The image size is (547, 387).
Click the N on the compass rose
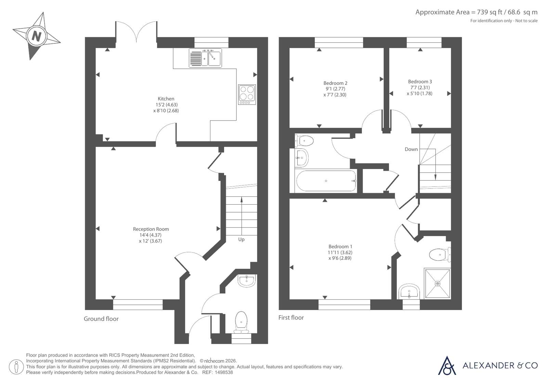(37, 36)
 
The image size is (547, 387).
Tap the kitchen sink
(205, 58)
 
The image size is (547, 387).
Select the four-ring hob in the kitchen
(247, 94)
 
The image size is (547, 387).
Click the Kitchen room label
(166, 99)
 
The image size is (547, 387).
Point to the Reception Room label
(151, 229)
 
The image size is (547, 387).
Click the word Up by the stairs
(241, 240)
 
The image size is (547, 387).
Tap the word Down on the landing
(411, 149)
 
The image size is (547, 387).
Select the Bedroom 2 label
(335, 83)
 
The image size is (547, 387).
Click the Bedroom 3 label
(420, 81)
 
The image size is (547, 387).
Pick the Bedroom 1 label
(340, 246)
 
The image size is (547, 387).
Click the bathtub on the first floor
(326, 181)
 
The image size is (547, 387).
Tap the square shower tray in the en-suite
(438, 284)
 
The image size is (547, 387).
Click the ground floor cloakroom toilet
(241, 322)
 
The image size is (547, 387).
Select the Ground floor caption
(101, 319)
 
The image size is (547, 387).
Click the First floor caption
(291, 318)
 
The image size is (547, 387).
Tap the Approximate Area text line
(477, 12)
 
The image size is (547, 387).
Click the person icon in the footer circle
(16, 367)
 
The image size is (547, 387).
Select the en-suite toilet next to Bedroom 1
(440, 255)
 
